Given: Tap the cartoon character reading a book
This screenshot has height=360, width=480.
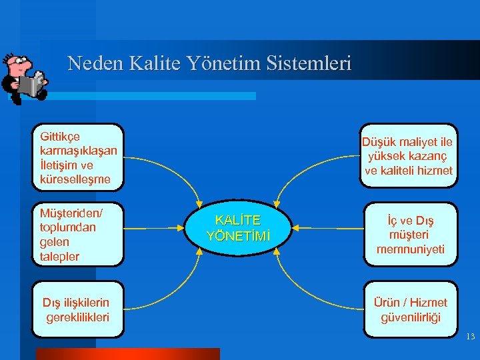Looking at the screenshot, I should (23, 77).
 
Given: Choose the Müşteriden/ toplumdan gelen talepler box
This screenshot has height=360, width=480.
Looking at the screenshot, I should (78, 234).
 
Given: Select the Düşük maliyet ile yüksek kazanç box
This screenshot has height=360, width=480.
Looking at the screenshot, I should (407, 156).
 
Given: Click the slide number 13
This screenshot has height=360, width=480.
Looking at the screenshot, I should (470, 337).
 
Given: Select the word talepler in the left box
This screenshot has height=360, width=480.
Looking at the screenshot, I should (60, 257).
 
